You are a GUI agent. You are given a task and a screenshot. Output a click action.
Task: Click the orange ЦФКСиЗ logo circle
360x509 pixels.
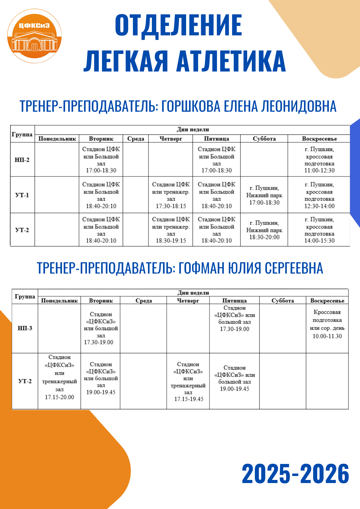coord(34,36)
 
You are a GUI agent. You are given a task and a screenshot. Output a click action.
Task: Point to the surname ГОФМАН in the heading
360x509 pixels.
coord(201,268)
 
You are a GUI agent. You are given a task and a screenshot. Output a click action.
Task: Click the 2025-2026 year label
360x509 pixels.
coord(295,474)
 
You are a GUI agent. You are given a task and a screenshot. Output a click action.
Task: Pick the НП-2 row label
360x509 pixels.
coord(22,160)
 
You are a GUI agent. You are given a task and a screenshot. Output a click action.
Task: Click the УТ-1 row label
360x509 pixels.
coord(22,195)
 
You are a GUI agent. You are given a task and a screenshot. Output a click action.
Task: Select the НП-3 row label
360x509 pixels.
coord(25,328)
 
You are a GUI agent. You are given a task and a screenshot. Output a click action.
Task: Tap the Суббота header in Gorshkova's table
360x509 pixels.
coord(264,139)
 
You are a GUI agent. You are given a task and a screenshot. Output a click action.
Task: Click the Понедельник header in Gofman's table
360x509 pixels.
coord(59,301)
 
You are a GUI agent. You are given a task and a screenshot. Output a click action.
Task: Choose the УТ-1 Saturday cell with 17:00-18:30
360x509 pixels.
coord(264,195)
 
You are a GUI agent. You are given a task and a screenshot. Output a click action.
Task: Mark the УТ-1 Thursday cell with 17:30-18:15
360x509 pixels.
coord(171,195)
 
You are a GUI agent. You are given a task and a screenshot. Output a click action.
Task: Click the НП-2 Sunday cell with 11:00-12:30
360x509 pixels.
coord(319,160)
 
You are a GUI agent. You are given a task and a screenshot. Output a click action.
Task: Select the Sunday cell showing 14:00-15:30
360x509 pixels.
coord(319,230)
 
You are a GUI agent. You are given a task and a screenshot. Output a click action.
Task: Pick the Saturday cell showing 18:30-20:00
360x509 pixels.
coord(264,230)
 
